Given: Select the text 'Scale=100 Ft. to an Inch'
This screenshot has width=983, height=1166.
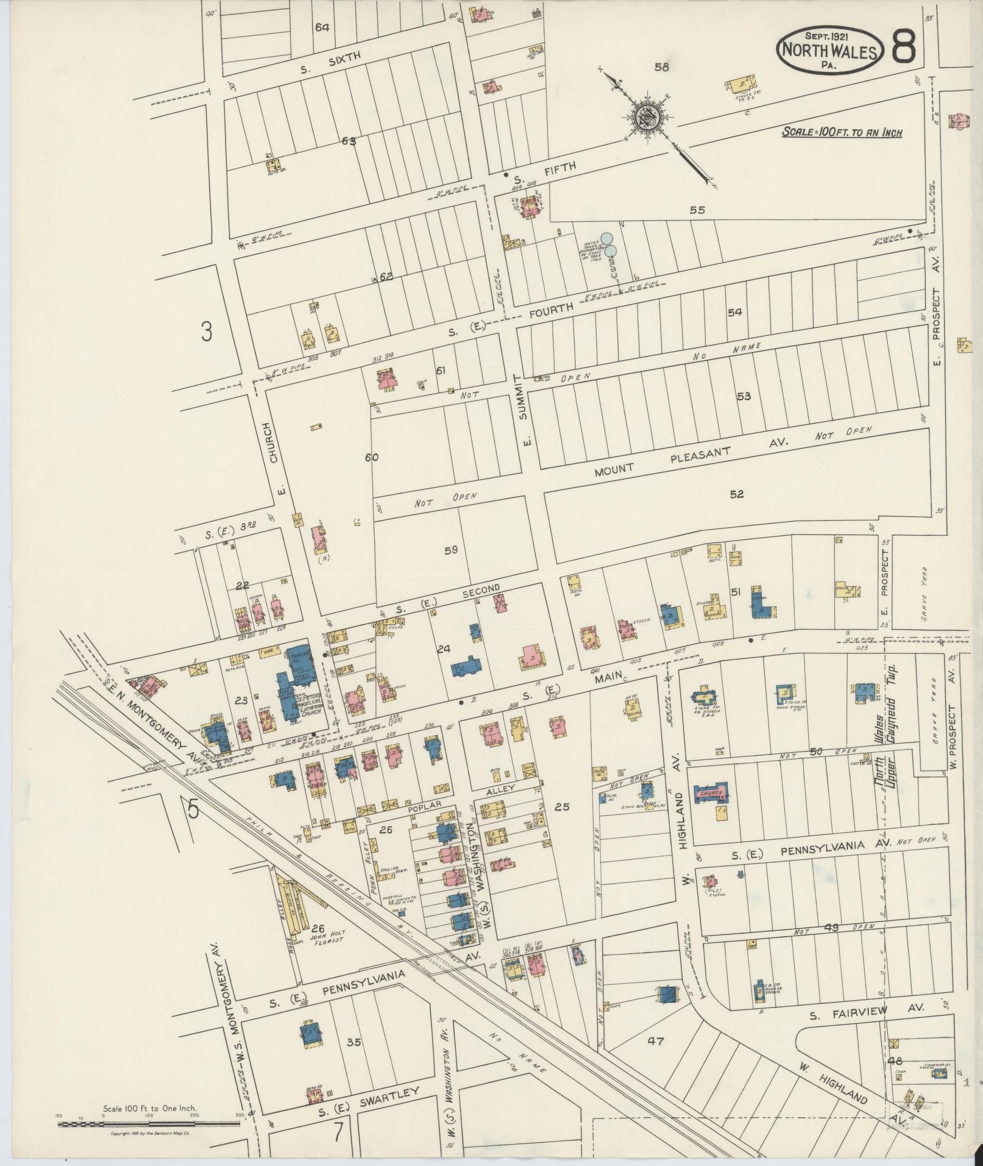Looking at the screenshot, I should [x=842, y=132].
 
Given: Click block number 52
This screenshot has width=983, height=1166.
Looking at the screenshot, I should [x=737, y=494].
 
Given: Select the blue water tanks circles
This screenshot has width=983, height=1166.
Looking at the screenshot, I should [x=609, y=244].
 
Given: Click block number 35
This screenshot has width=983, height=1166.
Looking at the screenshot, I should [x=353, y=1042].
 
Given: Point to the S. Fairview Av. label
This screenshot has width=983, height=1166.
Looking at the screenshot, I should [x=866, y=1012].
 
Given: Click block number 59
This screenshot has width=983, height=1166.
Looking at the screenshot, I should [x=451, y=550].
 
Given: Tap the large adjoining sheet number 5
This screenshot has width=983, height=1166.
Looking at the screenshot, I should [x=194, y=808].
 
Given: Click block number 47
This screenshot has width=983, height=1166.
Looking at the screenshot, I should [x=655, y=1041].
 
